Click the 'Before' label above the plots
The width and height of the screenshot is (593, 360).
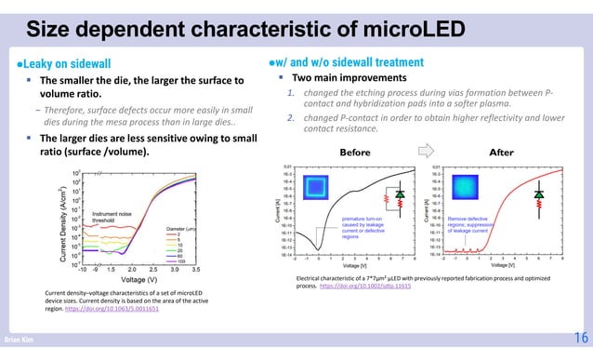click(354, 152)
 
